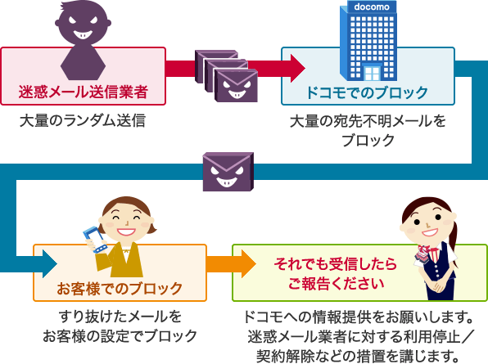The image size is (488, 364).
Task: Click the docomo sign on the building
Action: pos(372,7)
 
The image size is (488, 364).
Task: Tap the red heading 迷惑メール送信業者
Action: pos(83,92)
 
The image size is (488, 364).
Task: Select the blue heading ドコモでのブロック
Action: pos(368,92)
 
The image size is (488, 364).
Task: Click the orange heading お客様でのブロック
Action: pos(120,289)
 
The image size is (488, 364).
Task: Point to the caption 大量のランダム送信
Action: pos(83,120)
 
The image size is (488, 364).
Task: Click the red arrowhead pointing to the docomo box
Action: pos(298,69)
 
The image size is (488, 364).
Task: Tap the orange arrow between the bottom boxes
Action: pos(231,264)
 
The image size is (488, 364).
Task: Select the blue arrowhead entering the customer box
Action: pos(50,264)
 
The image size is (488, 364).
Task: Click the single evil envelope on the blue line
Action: pos(228,172)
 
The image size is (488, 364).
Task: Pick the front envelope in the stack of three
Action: pos(236,86)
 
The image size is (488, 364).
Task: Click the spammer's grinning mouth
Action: pos(83,34)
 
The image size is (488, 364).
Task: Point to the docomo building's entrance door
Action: pos(373,74)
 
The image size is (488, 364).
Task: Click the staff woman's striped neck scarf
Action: pos(423,252)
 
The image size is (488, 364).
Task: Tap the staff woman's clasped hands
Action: pos(438,286)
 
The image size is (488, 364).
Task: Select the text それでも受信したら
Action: pos(335,264)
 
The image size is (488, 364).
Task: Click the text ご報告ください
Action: pos(336,284)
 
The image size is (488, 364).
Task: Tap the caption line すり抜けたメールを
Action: pos(120,317)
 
